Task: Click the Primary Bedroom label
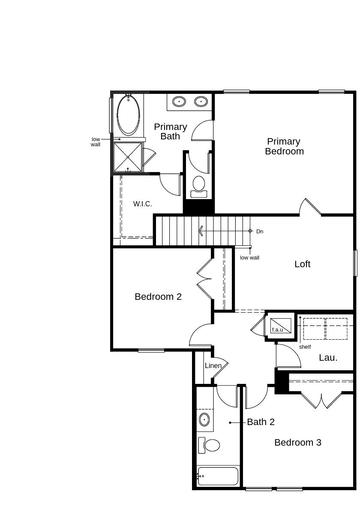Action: tap(284, 146)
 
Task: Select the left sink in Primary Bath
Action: tap(179, 102)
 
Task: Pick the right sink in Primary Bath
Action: tap(201, 102)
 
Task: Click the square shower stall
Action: tap(128, 157)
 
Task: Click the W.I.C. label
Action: tap(142, 204)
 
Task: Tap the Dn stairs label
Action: tap(260, 231)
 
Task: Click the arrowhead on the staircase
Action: tap(201, 231)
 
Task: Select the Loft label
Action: tap(302, 264)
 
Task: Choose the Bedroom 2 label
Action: tap(158, 296)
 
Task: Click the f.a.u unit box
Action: tap(281, 326)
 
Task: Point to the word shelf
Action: tap(305, 347)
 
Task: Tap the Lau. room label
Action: tap(328, 358)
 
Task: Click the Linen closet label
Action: tap(213, 366)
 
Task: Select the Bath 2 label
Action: tap(261, 422)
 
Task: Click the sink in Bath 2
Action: tap(204, 420)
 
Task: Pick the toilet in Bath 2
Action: tap(209, 445)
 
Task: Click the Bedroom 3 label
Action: tap(298, 442)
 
